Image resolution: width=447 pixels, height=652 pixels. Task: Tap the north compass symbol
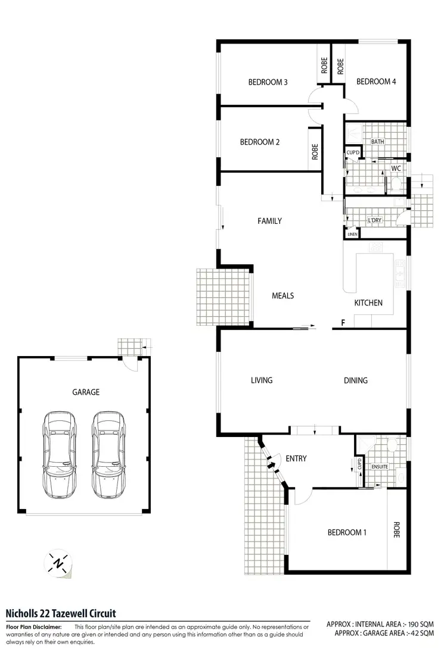point(58,563)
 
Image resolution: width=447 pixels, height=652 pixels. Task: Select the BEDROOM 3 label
point(268,82)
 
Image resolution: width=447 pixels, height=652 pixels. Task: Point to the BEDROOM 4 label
point(376,82)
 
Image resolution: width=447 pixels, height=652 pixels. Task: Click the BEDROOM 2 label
point(259,142)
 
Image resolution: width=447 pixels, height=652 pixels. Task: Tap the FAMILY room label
point(269,221)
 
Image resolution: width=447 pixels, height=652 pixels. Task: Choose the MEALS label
point(283,295)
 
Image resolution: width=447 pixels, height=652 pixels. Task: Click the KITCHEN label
point(368,303)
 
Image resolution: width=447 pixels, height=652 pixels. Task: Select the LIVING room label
point(262,380)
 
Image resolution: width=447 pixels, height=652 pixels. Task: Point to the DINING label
point(355,380)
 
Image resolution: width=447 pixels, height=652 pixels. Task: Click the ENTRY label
point(296,458)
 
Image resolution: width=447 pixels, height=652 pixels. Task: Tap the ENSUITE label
point(380,467)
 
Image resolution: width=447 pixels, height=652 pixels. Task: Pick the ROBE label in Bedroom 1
point(396,530)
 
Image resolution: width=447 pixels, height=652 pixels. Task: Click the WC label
point(396,169)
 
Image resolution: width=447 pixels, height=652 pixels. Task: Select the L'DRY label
point(374,221)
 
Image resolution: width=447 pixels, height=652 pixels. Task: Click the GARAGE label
point(86,392)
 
